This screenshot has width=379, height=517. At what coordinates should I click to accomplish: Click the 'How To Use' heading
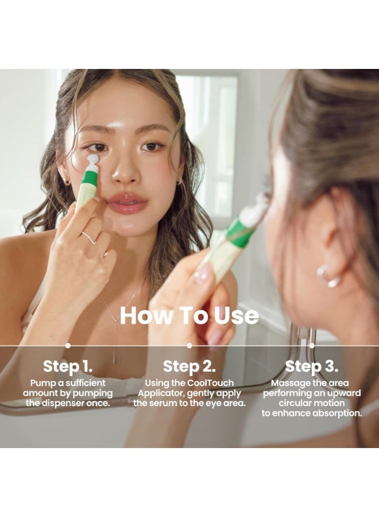[x=189, y=315]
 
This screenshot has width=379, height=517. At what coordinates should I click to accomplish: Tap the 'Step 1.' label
[x=68, y=366]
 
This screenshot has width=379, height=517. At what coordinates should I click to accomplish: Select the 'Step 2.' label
[x=189, y=366]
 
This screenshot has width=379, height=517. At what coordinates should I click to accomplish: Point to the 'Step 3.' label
[x=311, y=366]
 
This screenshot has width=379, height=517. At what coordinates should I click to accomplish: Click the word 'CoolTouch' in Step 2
[x=211, y=383]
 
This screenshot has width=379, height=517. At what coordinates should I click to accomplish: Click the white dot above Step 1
[x=68, y=346]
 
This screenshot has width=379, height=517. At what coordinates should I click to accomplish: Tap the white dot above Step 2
[x=189, y=346]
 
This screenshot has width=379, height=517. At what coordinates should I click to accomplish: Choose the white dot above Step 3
[x=312, y=346]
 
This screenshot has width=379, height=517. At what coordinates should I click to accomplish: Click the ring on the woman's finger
[x=89, y=238]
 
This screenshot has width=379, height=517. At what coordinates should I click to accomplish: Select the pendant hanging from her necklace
[x=114, y=357]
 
